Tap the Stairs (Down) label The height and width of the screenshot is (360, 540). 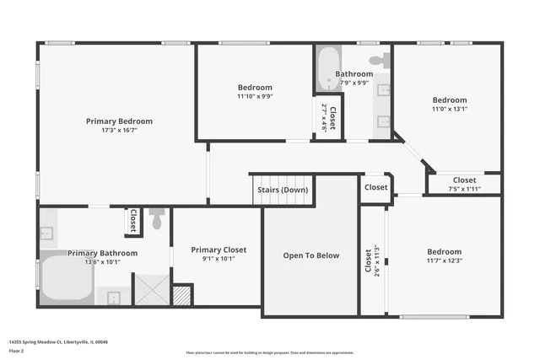[282, 190]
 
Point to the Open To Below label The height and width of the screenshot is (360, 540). [311, 255]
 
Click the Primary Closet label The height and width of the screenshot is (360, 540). [219, 250]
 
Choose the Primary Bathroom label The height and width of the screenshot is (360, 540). [102, 253]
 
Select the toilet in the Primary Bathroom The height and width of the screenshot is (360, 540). [156, 221]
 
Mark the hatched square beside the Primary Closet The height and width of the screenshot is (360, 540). [181, 295]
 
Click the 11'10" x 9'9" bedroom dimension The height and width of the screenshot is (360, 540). [255, 96]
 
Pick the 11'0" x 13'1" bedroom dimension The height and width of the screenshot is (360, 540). [450, 108]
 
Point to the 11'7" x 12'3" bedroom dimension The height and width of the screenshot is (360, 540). [444, 261]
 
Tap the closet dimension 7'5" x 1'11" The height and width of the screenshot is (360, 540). [464, 189]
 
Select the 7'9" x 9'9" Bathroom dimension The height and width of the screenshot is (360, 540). [354, 83]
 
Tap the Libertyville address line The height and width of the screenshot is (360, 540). [59, 342]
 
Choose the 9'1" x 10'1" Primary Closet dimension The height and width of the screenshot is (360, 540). [219, 259]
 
